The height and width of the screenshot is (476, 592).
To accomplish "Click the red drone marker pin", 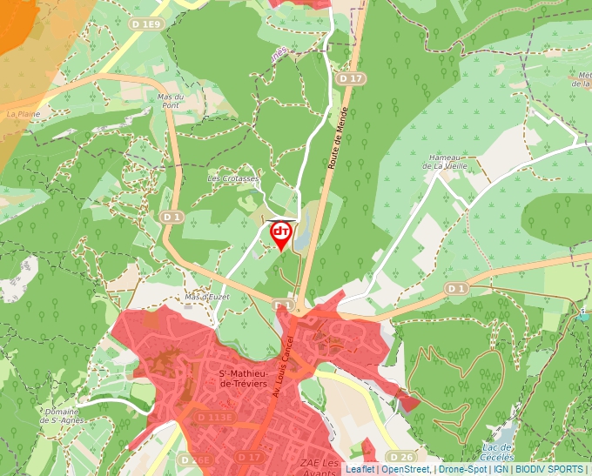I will [280, 234].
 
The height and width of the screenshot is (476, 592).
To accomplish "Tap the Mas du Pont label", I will [170, 101].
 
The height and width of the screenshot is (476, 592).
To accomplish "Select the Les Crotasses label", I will [232, 178].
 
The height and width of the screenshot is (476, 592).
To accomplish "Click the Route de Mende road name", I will [338, 138].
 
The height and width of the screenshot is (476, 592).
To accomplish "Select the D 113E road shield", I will [215, 418].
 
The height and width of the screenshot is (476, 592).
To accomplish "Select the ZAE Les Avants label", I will [319, 466].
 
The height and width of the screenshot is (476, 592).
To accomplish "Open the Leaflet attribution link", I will [360, 469].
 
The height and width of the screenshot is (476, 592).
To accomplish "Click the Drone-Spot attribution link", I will [462, 469].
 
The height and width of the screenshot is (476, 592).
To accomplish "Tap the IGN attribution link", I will [501, 469].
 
